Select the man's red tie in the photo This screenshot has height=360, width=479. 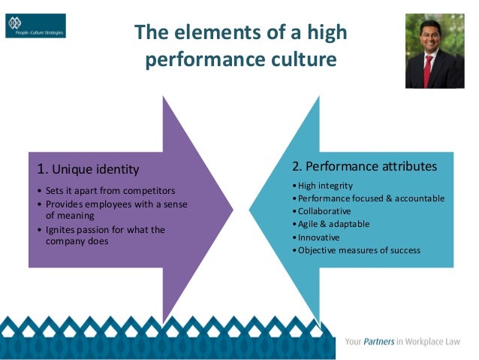pyautogui.click(x=428, y=72)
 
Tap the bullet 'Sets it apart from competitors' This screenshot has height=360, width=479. pyautogui.click(x=110, y=191)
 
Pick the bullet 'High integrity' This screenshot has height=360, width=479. pyautogui.click(x=324, y=186)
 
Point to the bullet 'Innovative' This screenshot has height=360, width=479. pyautogui.click(x=318, y=237)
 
